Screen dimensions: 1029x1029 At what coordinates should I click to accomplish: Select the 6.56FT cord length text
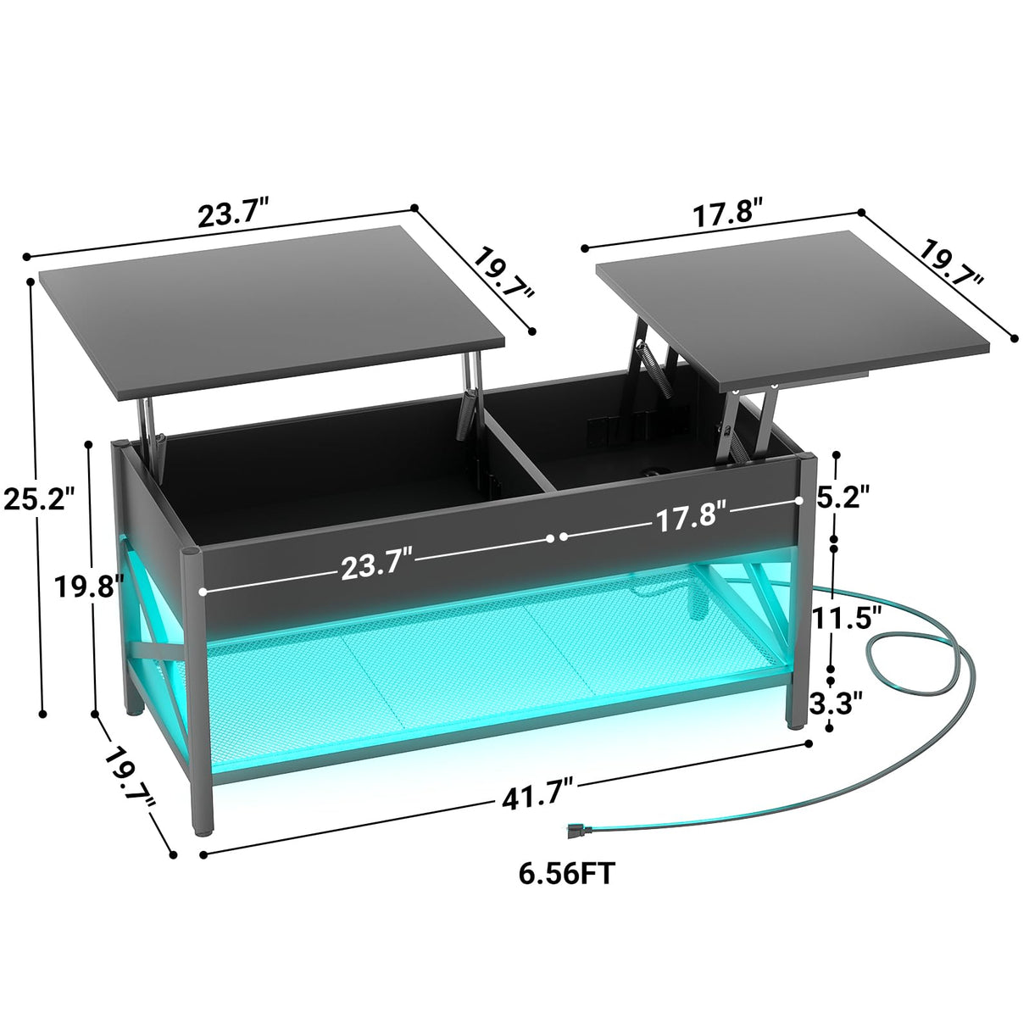(566, 873)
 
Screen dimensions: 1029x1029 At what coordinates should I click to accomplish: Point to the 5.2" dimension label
(843, 496)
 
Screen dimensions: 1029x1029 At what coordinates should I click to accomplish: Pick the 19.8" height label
(88, 585)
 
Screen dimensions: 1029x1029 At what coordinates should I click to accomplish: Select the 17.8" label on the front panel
(690, 515)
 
